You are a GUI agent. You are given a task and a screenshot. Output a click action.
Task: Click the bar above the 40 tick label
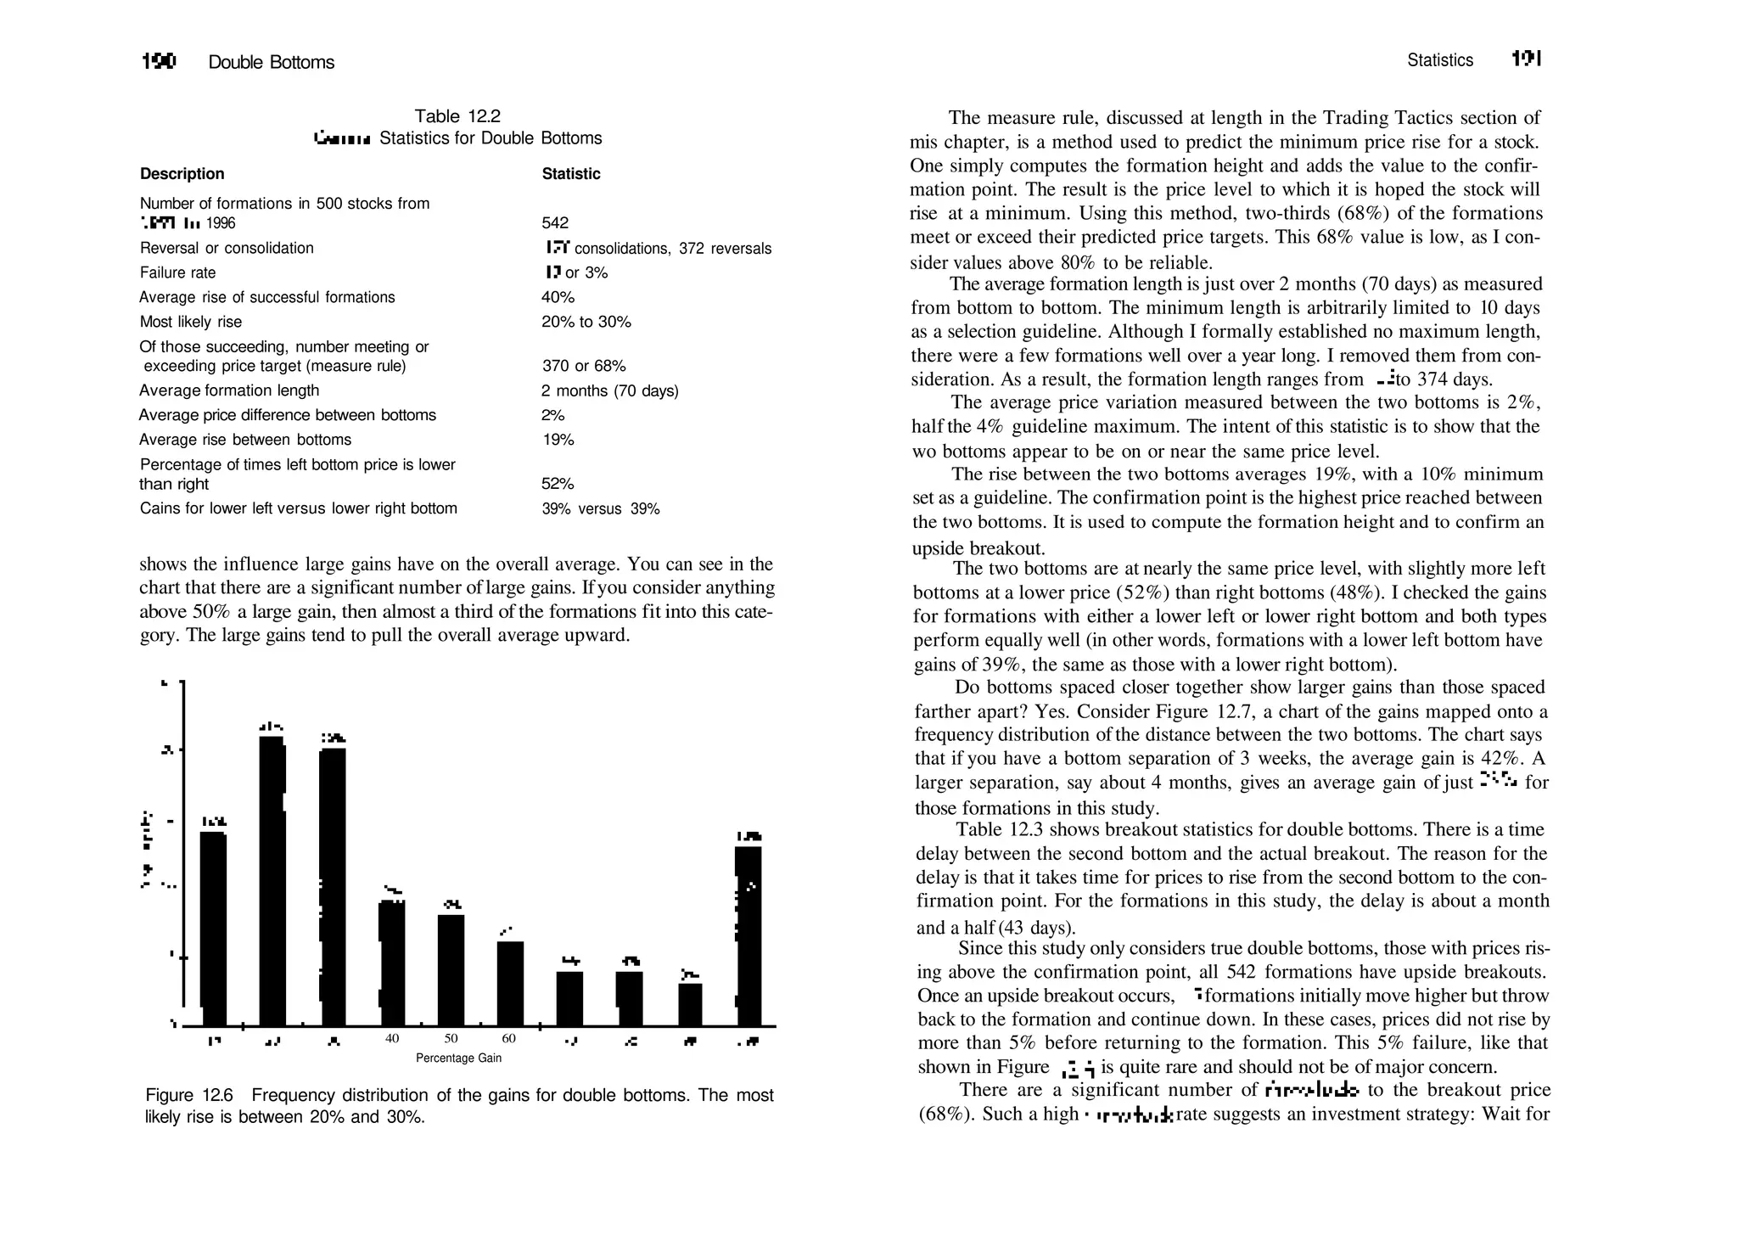[392, 963]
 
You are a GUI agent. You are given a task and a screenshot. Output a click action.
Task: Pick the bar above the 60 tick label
[510, 984]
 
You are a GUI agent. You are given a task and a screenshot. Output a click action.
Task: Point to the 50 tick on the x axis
[451, 1039]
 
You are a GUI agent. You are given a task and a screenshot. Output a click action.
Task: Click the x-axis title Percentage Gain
[458, 1058]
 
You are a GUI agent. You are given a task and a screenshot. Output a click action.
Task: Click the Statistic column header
[570, 174]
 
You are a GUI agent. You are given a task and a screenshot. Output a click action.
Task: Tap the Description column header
[182, 174]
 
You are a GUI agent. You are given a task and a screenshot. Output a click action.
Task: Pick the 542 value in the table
[555, 223]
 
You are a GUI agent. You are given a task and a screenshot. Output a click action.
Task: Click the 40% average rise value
[558, 297]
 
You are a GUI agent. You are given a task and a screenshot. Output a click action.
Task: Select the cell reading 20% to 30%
[586, 322]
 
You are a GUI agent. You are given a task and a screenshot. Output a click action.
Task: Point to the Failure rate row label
[177, 272]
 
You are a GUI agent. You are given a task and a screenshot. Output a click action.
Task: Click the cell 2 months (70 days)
[609, 390]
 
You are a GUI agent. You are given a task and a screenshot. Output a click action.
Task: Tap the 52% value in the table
[558, 484]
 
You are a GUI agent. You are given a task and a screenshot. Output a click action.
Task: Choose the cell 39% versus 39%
[600, 509]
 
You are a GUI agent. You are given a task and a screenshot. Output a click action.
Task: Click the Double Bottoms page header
[271, 62]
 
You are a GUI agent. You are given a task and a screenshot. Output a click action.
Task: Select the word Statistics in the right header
[1439, 60]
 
